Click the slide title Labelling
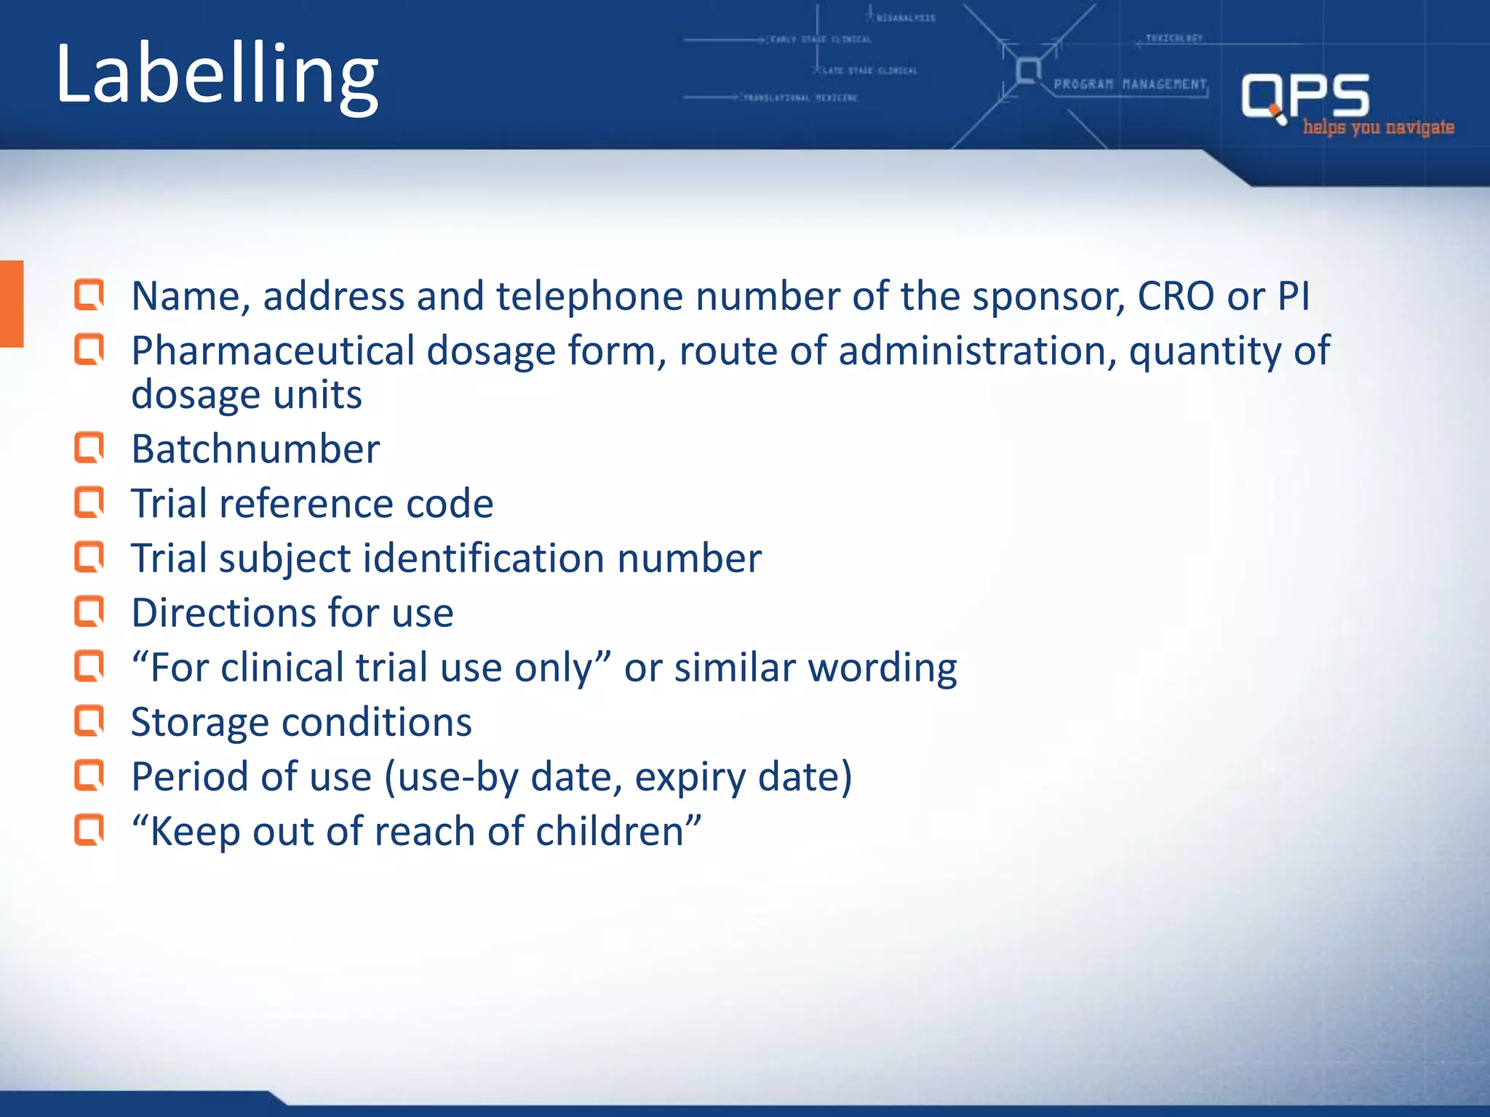[217, 76]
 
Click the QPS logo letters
[1305, 96]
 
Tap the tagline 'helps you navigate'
[1378, 128]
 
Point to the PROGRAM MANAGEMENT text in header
[1130, 84]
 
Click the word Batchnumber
[255, 449]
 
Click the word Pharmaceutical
[273, 351]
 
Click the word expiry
[690, 777]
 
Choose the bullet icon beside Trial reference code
[89, 503]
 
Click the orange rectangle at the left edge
[12, 303]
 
